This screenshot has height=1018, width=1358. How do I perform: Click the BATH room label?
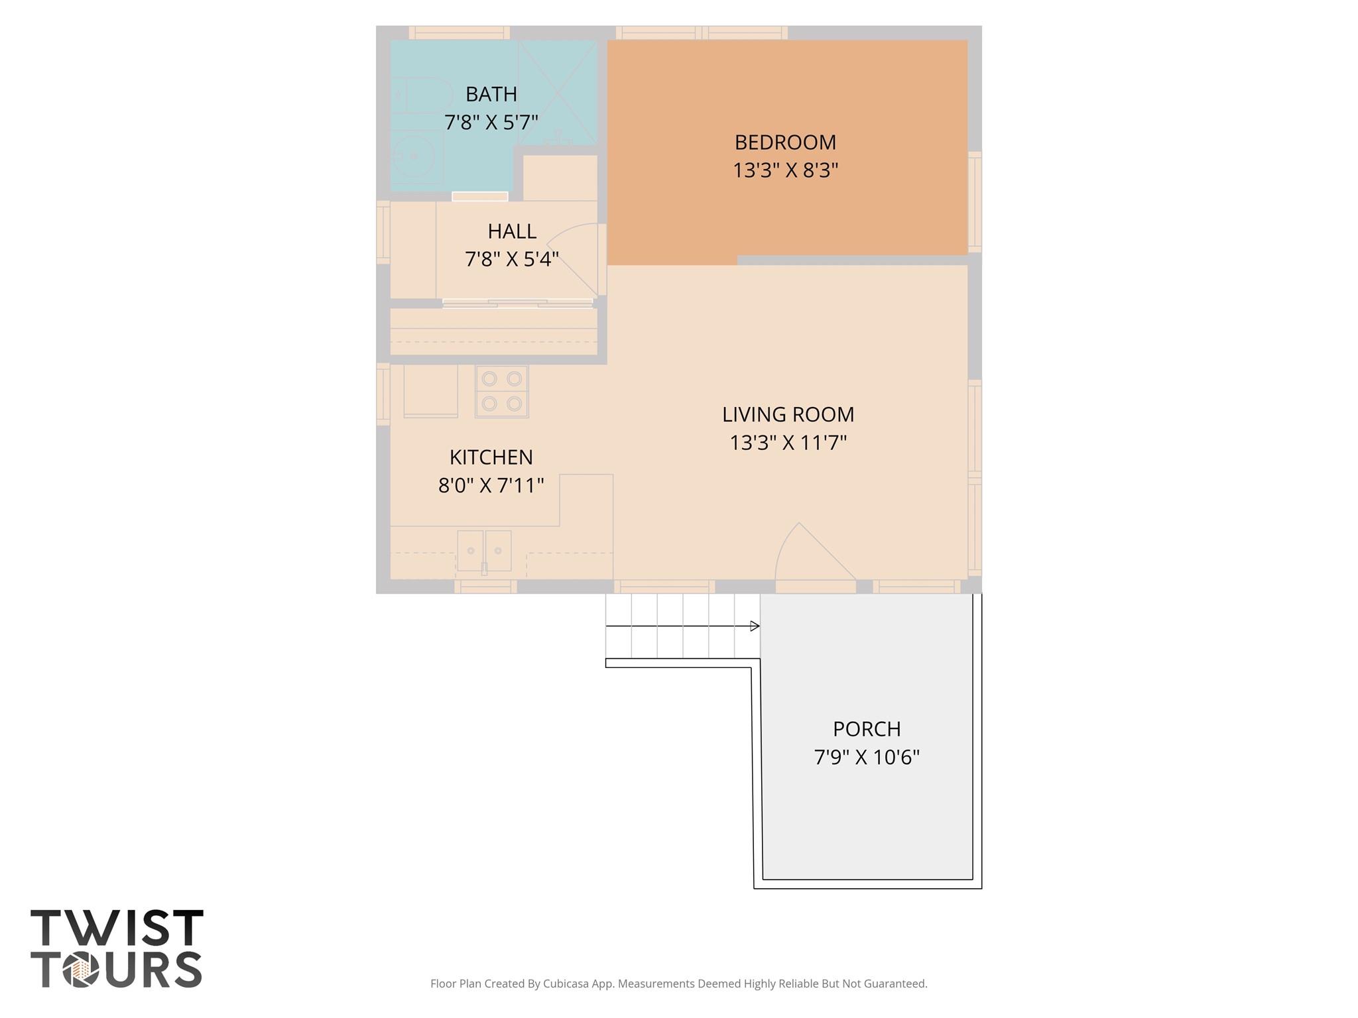(x=491, y=95)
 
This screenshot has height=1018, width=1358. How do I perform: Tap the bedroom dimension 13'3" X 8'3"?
(x=785, y=171)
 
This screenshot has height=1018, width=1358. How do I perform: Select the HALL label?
(x=512, y=231)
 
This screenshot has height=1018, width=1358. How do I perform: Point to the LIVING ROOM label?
(x=788, y=414)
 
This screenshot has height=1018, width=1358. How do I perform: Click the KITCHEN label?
(x=491, y=457)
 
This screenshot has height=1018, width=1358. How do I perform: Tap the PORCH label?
(x=867, y=729)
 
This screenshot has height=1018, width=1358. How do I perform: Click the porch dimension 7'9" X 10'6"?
(x=867, y=757)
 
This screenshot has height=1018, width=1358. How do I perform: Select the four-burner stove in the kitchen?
(x=501, y=391)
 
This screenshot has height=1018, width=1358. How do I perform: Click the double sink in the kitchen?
(x=484, y=551)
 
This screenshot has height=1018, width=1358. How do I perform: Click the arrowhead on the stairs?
(x=755, y=626)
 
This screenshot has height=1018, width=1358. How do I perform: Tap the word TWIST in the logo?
(x=117, y=928)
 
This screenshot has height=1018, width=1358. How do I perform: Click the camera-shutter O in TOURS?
(x=81, y=970)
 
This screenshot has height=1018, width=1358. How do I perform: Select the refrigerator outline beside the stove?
(x=430, y=391)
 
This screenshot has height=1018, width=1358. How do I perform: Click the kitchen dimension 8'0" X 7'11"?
(x=491, y=486)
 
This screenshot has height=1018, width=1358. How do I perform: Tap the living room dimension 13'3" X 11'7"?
(x=788, y=442)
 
